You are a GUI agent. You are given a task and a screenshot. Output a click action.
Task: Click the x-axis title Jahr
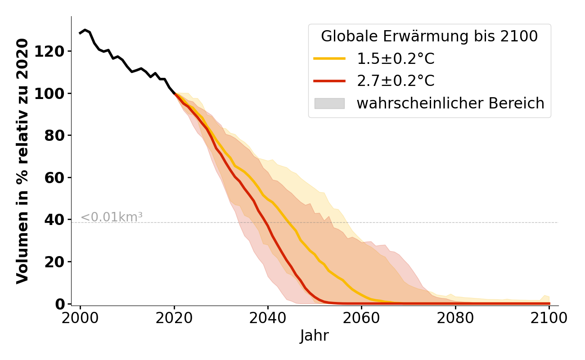coord(314,336)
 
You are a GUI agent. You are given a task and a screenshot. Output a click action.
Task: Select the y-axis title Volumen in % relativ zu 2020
coord(22,161)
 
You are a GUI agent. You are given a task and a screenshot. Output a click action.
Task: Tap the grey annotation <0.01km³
coord(112,217)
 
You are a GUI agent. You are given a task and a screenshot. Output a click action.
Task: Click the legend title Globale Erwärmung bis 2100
coord(429,36)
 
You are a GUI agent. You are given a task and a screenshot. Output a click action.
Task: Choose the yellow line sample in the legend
coord(329,58)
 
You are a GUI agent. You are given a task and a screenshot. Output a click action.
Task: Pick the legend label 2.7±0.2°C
coord(396,81)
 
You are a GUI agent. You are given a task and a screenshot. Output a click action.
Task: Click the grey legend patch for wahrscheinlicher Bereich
coord(329,103)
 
